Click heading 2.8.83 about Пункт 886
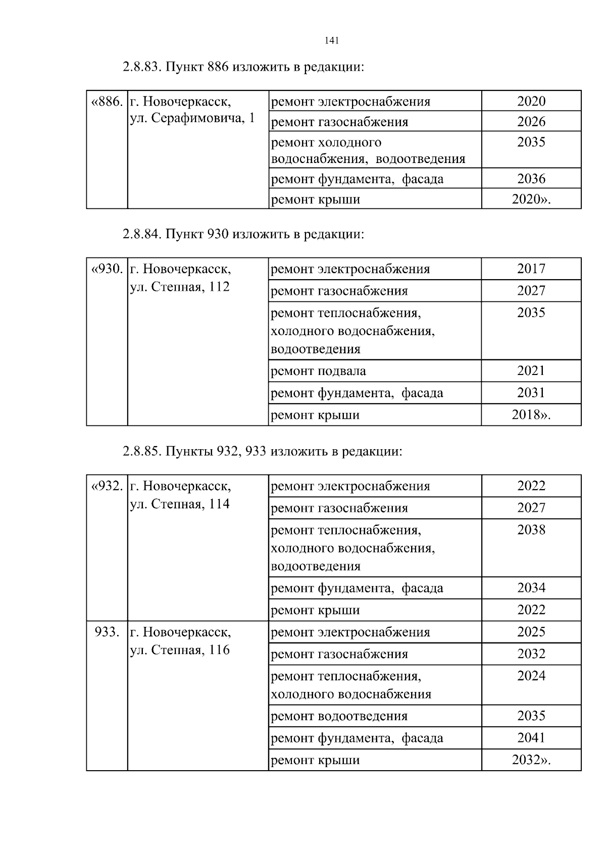(x=243, y=67)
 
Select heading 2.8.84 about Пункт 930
(x=243, y=234)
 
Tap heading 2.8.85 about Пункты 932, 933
(x=262, y=451)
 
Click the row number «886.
(x=107, y=102)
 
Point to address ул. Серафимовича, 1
(x=192, y=119)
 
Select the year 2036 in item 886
(x=531, y=179)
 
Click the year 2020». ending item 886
(x=531, y=199)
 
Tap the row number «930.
(x=107, y=269)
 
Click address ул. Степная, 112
(x=180, y=287)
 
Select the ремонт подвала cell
(x=319, y=371)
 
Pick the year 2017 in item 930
(x=531, y=269)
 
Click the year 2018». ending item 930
(x=531, y=415)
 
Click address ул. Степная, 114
(x=180, y=504)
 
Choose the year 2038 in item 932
(x=531, y=530)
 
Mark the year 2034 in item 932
(x=531, y=588)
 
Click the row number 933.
(x=107, y=632)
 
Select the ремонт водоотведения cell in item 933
(x=339, y=716)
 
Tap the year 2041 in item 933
(x=531, y=738)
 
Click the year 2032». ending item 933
(x=531, y=760)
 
